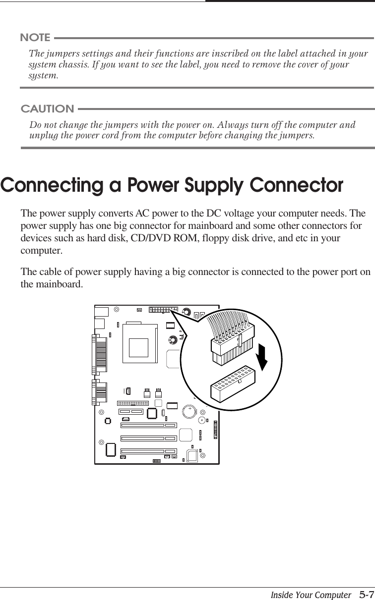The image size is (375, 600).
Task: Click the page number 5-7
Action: [367, 593]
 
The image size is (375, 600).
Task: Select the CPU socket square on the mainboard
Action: [138, 346]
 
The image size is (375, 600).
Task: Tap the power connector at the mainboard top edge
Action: [163, 310]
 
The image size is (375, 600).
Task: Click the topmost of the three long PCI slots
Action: [149, 425]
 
